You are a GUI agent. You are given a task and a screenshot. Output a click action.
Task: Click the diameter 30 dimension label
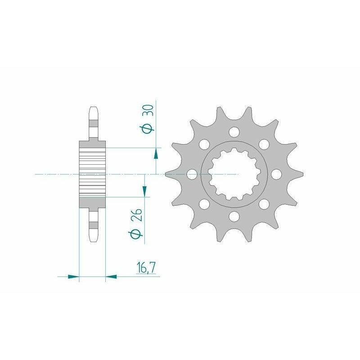[148, 119]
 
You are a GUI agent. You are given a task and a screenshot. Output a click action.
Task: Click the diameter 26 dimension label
[135, 223]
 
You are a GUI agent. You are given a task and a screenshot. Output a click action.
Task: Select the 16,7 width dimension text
[146, 268]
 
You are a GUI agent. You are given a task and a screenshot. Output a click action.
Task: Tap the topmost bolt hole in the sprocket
[234, 132]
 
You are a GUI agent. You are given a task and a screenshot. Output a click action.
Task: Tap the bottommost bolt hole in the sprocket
[234, 216]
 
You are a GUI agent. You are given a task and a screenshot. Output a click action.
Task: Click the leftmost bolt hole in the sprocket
[192, 174]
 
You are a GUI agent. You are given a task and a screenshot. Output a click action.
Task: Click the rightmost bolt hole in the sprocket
[276, 174]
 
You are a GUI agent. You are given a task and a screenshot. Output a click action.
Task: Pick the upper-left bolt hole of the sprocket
[204, 144]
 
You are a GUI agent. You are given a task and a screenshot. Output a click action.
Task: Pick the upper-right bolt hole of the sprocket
[264, 144]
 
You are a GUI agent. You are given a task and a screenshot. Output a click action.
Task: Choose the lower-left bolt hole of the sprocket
[204, 204]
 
